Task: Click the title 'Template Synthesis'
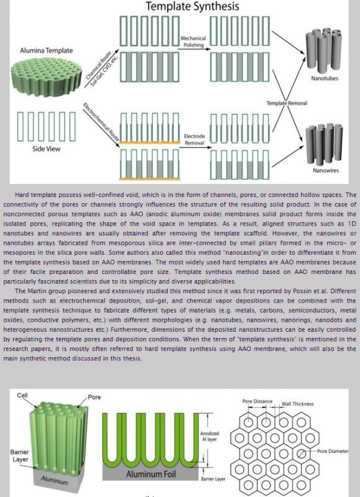click(x=192, y=6)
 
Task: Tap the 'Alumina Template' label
click(x=46, y=50)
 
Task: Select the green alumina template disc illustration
click(x=46, y=76)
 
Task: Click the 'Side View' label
click(x=46, y=148)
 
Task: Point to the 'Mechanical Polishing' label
click(x=193, y=42)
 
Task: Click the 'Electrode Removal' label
click(x=194, y=139)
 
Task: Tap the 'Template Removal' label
click(x=287, y=103)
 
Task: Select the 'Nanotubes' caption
click(x=325, y=78)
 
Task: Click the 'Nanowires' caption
click(x=326, y=170)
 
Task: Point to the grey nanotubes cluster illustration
click(x=323, y=50)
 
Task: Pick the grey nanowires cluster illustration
click(x=323, y=144)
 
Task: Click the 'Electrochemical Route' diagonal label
click(x=101, y=122)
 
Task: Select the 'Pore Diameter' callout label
click(x=333, y=451)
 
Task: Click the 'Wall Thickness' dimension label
click(x=298, y=404)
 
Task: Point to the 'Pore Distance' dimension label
click(x=257, y=401)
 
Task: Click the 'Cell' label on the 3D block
click(x=22, y=395)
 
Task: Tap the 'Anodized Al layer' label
click(x=209, y=436)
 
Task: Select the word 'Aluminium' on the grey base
click(x=55, y=480)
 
